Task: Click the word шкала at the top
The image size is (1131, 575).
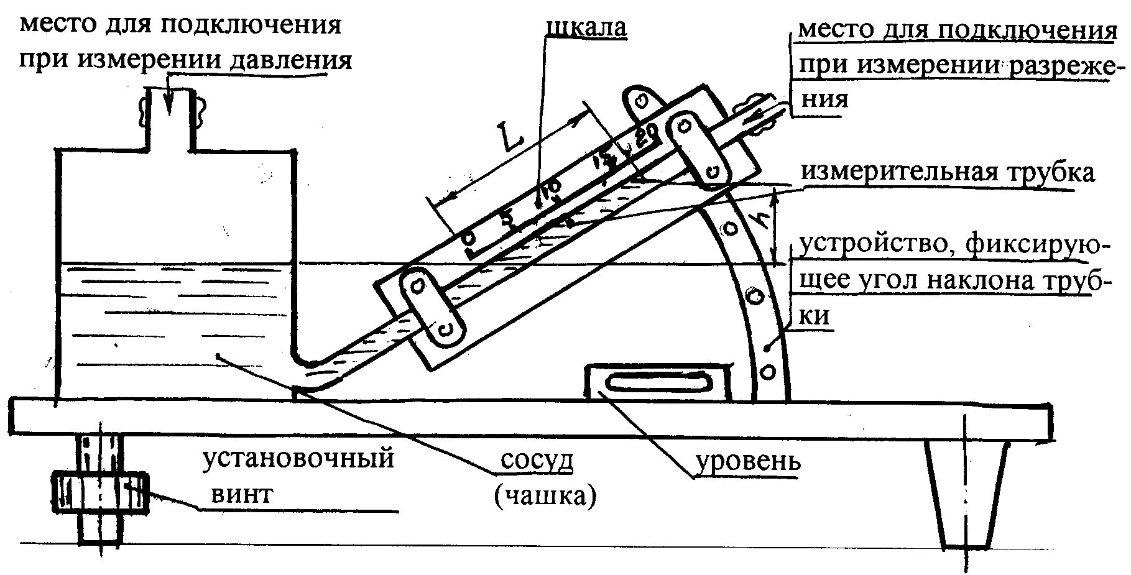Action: pyautogui.click(x=586, y=28)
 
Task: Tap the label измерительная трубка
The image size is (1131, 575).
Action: pyautogui.click(x=946, y=172)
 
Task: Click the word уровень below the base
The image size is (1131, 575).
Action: pyautogui.click(x=748, y=462)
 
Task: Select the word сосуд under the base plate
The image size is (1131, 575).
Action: pyautogui.click(x=537, y=461)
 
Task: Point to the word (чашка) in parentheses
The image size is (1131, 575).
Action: pyautogui.click(x=545, y=496)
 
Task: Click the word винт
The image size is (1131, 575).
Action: pyautogui.click(x=241, y=494)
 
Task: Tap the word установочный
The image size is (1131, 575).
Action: pyautogui.click(x=299, y=459)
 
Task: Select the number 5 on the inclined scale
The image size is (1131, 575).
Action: pyautogui.click(x=509, y=220)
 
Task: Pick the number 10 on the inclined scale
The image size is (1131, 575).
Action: pyautogui.click(x=550, y=190)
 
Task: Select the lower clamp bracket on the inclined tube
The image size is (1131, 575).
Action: pyautogui.click(x=432, y=305)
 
